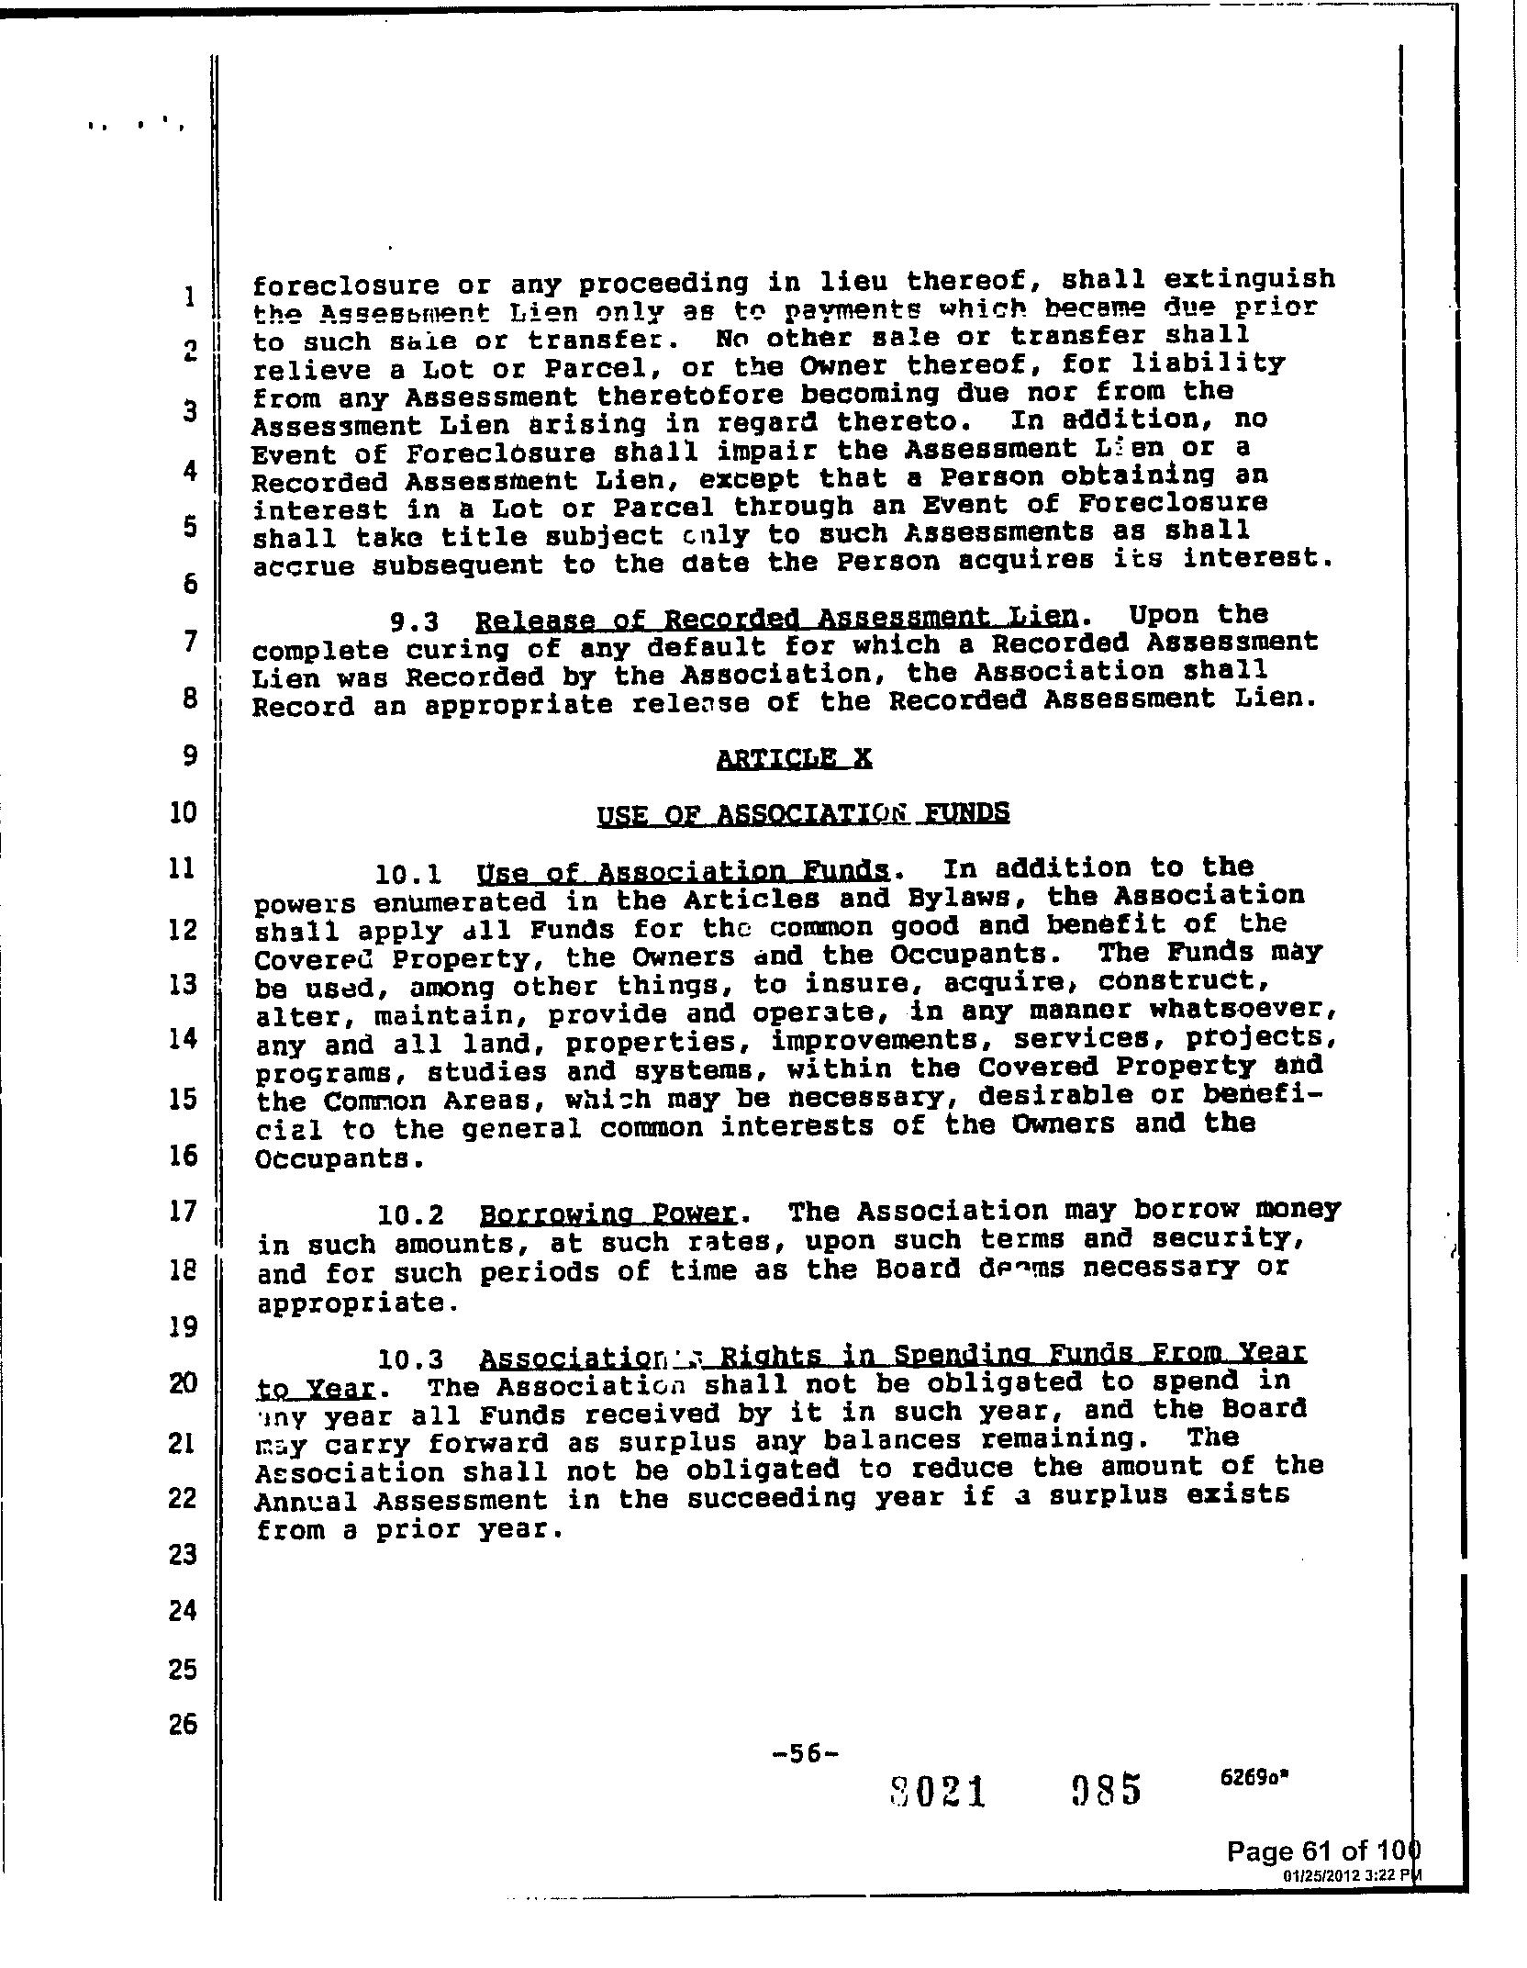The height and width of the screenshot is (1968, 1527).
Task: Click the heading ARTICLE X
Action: [x=794, y=757]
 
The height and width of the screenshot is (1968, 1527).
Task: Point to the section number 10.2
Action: [x=410, y=1216]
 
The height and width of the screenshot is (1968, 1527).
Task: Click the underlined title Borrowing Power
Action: [x=608, y=1214]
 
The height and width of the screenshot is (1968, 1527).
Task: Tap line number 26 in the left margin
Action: [x=184, y=1724]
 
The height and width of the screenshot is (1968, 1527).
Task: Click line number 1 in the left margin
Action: [x=189, y=296]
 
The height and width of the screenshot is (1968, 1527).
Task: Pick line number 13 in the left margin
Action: [x=184, y=984]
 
